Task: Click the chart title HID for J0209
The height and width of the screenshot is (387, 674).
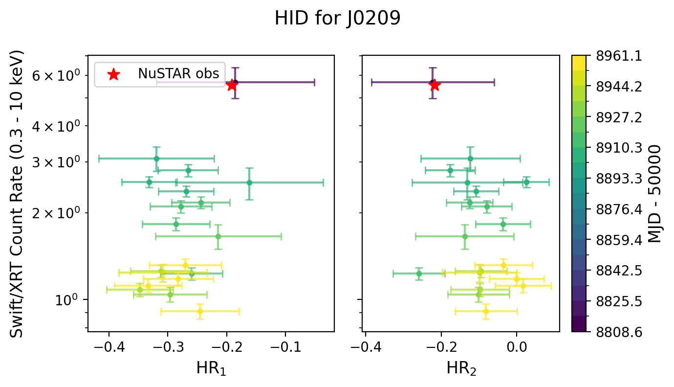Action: click(337, 19)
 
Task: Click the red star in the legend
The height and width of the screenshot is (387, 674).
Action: click(113, 74)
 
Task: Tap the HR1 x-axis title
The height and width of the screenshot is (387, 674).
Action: click(211, 369)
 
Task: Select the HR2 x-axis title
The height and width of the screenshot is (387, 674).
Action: click(461, 369)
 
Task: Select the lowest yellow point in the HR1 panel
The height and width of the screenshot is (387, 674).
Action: click(200, 311)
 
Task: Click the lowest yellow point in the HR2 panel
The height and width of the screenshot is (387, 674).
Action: click(486, 311)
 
